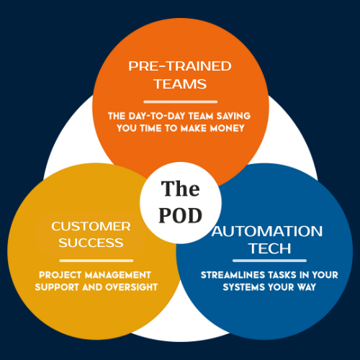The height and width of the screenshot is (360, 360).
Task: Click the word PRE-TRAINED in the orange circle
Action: coord(180,66)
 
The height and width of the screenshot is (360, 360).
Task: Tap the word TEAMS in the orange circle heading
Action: coord(180,84)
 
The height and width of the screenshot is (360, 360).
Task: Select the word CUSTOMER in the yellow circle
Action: coord(91,226)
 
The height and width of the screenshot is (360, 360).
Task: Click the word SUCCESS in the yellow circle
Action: coord(91,243)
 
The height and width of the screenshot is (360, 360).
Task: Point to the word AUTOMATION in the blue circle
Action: coord(267,231)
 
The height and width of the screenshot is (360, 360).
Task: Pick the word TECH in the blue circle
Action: coord(270,248)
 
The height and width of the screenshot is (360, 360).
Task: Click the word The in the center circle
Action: coord(181,189)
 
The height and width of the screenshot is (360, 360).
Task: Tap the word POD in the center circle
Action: coord(181,215)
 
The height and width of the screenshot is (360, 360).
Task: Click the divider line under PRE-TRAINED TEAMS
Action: coord(181,102)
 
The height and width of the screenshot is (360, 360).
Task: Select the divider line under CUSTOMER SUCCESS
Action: coord(96,261)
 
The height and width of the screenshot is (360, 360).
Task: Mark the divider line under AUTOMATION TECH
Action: coord(269,261)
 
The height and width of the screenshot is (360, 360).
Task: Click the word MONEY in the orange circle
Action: coord(228,128)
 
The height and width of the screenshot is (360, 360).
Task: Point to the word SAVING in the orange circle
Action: coord(233,116)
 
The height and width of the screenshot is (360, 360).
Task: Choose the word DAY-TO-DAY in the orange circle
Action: coord(157,116)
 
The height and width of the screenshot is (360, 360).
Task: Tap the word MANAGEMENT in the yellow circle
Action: coord(118,275)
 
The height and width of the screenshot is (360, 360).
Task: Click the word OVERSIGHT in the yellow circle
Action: coord(132,287)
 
